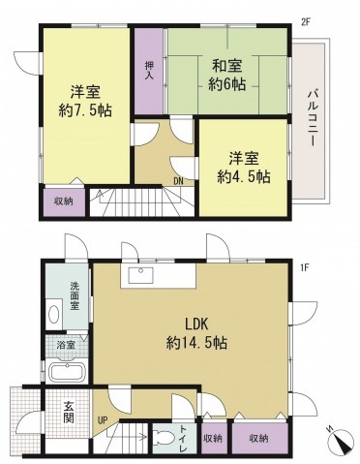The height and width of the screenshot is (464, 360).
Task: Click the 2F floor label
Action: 305,22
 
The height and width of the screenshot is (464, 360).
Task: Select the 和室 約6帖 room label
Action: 226,76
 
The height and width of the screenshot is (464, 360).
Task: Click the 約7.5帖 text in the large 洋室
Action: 85,111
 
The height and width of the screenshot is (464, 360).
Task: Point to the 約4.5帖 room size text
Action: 244,177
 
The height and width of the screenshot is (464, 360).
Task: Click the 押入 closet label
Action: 149,71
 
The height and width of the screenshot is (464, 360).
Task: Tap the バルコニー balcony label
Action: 313,116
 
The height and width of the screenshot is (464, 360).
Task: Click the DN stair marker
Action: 179,181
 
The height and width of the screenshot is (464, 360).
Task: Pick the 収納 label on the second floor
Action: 63,201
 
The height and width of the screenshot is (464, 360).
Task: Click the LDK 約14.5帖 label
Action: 196,333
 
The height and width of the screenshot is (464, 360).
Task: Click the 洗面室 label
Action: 75,296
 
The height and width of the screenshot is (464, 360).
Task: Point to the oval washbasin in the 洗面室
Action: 53,314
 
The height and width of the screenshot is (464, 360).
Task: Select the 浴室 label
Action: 66,345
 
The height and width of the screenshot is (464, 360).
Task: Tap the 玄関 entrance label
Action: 69,412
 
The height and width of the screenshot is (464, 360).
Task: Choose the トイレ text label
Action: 183,439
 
